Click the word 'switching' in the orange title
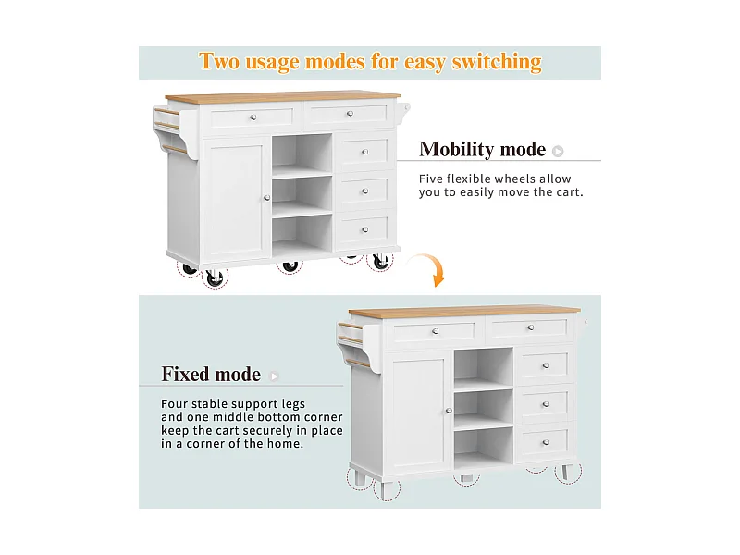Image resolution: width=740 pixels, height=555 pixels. point(497,62)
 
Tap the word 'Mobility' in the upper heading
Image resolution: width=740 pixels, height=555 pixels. point(456,150)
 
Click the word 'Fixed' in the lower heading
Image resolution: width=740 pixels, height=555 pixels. point(184,374)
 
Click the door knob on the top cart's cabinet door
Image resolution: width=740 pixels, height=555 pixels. point(267,198)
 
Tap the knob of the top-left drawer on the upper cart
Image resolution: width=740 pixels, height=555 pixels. point(253,117)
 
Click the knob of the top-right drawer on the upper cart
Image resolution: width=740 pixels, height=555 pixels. point(350,113)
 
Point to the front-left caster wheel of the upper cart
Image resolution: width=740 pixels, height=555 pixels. point(215,278)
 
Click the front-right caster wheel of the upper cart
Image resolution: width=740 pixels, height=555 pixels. point(380,262)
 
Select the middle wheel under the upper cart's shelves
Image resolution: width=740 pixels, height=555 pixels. point(290,266)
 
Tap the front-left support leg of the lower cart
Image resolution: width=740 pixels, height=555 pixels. point(387,490)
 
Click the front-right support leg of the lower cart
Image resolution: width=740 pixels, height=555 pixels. point(567,473)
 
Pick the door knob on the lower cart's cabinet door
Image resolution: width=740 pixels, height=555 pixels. point(449,411)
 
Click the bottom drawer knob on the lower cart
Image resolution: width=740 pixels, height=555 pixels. point(546,443)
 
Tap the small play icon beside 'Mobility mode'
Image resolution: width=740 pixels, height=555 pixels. point(558,151)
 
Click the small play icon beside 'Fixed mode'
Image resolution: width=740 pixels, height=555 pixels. point(274,376)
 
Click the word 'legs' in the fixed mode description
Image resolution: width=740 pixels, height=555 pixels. point(293,404)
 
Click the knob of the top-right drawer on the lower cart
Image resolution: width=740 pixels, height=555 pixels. point(531,327)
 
